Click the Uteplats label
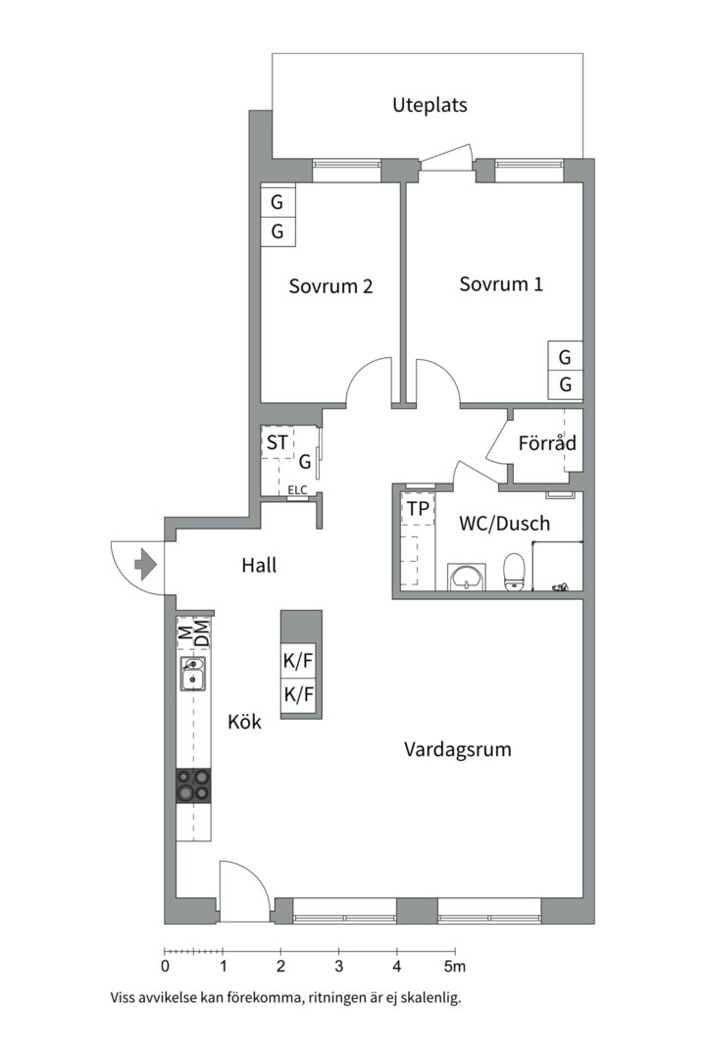pos(429,105)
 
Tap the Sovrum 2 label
pos(330,286)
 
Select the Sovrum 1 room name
pos(501,283)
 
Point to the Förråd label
pos(547,443)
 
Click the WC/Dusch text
pos(504,524)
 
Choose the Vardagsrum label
pos(457,750)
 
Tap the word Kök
pos(244,722)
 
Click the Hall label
pos(260,565)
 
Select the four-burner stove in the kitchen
pos(193,785)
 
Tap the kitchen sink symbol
pos(192,674)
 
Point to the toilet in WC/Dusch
pos(514,572)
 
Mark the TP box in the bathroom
pos(418,509)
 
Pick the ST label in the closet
pos(277,442)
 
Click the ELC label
pos(297,489)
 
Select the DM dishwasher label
pos(201,632)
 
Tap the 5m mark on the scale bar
pos(455,967)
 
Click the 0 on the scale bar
pos(166,967)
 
